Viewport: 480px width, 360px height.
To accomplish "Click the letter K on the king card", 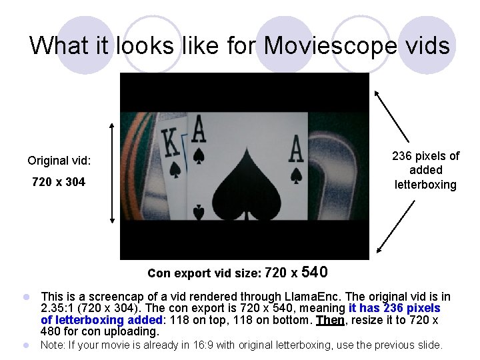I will click(171, 142).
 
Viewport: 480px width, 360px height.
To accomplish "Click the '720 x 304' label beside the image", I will click(59, 182).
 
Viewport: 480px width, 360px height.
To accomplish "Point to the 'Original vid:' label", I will click(59, 161).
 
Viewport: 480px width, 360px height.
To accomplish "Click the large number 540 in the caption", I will click(315, 272).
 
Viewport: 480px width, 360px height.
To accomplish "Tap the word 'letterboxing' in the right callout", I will click(425, 185).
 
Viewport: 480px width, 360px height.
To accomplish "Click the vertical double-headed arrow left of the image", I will click(112, 171).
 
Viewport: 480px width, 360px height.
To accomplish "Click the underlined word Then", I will click(330, 320).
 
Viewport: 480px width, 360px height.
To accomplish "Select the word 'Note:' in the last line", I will click(54, 345).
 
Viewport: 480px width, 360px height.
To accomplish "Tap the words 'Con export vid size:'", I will click(204, 273).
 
